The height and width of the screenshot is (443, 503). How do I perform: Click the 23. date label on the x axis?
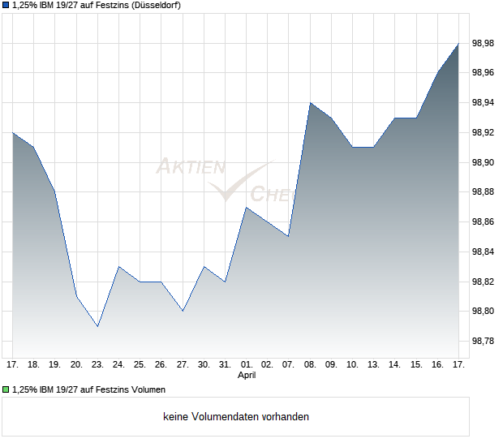click(97, 364)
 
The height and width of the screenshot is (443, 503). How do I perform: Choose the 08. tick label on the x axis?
click(310, 364)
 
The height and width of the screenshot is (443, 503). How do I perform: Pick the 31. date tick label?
click(225, 364)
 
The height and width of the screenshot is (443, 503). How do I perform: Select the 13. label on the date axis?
click(373, 364)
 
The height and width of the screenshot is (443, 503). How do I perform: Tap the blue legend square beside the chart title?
click(6, 6)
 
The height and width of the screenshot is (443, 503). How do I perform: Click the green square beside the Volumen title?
click(6, 389)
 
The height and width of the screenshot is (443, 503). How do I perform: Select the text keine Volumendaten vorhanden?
click(236, 416)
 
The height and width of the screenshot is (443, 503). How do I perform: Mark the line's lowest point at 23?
click(97, 326)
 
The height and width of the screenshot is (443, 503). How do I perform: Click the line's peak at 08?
click(310, 103)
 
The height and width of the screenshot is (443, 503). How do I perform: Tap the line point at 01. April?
click(246, 208)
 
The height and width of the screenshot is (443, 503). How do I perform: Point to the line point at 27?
click(183, 311)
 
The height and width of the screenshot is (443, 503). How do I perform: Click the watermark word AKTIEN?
click(190, 167)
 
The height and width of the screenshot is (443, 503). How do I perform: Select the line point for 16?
click(437, 73)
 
